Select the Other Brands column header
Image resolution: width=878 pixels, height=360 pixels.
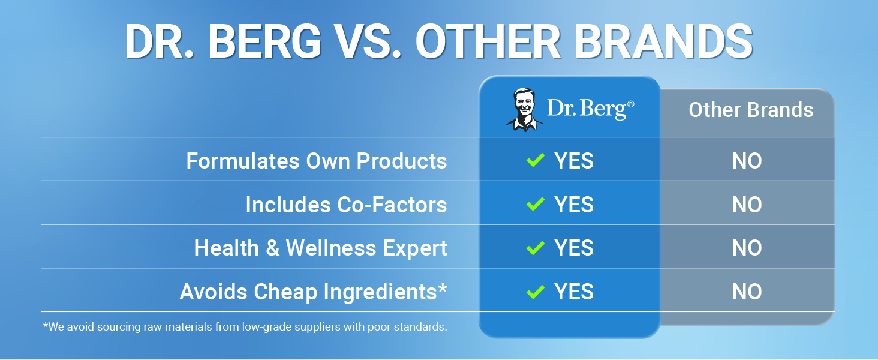751,110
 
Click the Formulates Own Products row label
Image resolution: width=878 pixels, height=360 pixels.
317,161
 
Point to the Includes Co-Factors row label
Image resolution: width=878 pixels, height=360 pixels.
346,205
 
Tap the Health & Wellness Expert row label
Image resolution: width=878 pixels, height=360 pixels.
321,248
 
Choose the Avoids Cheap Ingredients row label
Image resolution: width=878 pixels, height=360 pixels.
314,292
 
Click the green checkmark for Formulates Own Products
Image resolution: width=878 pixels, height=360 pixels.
535,160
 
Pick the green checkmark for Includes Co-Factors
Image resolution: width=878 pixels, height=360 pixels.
535,204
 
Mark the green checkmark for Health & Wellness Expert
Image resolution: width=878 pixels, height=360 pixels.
535,247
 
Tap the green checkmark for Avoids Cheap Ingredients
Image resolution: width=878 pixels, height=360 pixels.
535,292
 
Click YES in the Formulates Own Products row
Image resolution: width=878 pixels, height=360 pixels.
574,161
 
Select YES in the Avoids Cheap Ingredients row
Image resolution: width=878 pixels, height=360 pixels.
574,292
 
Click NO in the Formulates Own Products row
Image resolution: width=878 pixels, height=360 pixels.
747,161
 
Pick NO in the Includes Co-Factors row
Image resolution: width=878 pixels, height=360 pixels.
747,205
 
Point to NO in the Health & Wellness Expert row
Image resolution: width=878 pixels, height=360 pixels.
747,248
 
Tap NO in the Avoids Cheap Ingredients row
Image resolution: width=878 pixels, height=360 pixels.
747,292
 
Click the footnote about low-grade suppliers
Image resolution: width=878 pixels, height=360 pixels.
245,327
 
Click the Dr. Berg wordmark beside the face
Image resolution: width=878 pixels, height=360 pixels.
590,109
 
